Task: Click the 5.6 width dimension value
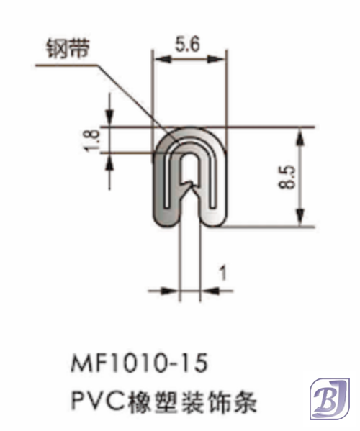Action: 187,45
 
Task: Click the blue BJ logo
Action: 329,397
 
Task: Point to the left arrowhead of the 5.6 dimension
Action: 157,62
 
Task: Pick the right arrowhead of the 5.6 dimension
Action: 221,62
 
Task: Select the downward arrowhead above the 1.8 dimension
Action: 110,121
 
